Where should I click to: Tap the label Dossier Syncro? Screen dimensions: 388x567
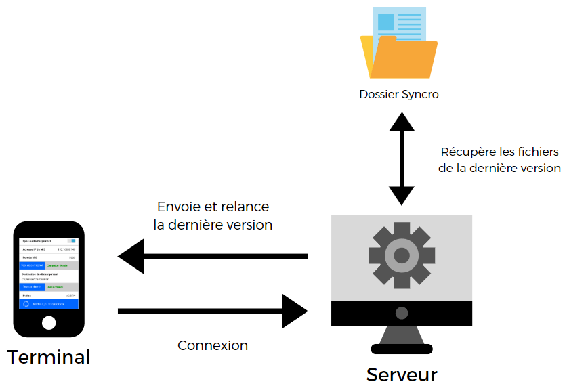point(399,94)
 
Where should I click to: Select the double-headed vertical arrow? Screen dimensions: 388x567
point(402,158)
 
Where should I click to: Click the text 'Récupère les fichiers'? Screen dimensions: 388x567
point(501,152)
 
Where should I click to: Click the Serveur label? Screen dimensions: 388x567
point(402,374)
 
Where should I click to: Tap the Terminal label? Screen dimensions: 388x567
point(49,357)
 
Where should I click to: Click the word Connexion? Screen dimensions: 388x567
point(213,345)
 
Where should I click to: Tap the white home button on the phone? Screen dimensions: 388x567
point(49,322)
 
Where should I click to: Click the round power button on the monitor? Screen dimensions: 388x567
point(402,313)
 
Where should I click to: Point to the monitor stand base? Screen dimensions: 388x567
point(402,349)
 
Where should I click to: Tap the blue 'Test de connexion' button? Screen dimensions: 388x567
point(32,265)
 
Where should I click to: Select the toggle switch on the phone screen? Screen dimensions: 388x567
point(72,240)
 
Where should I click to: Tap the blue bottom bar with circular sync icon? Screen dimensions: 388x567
point(49,304)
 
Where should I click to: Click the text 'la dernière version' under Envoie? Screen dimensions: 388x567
point(213,225)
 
